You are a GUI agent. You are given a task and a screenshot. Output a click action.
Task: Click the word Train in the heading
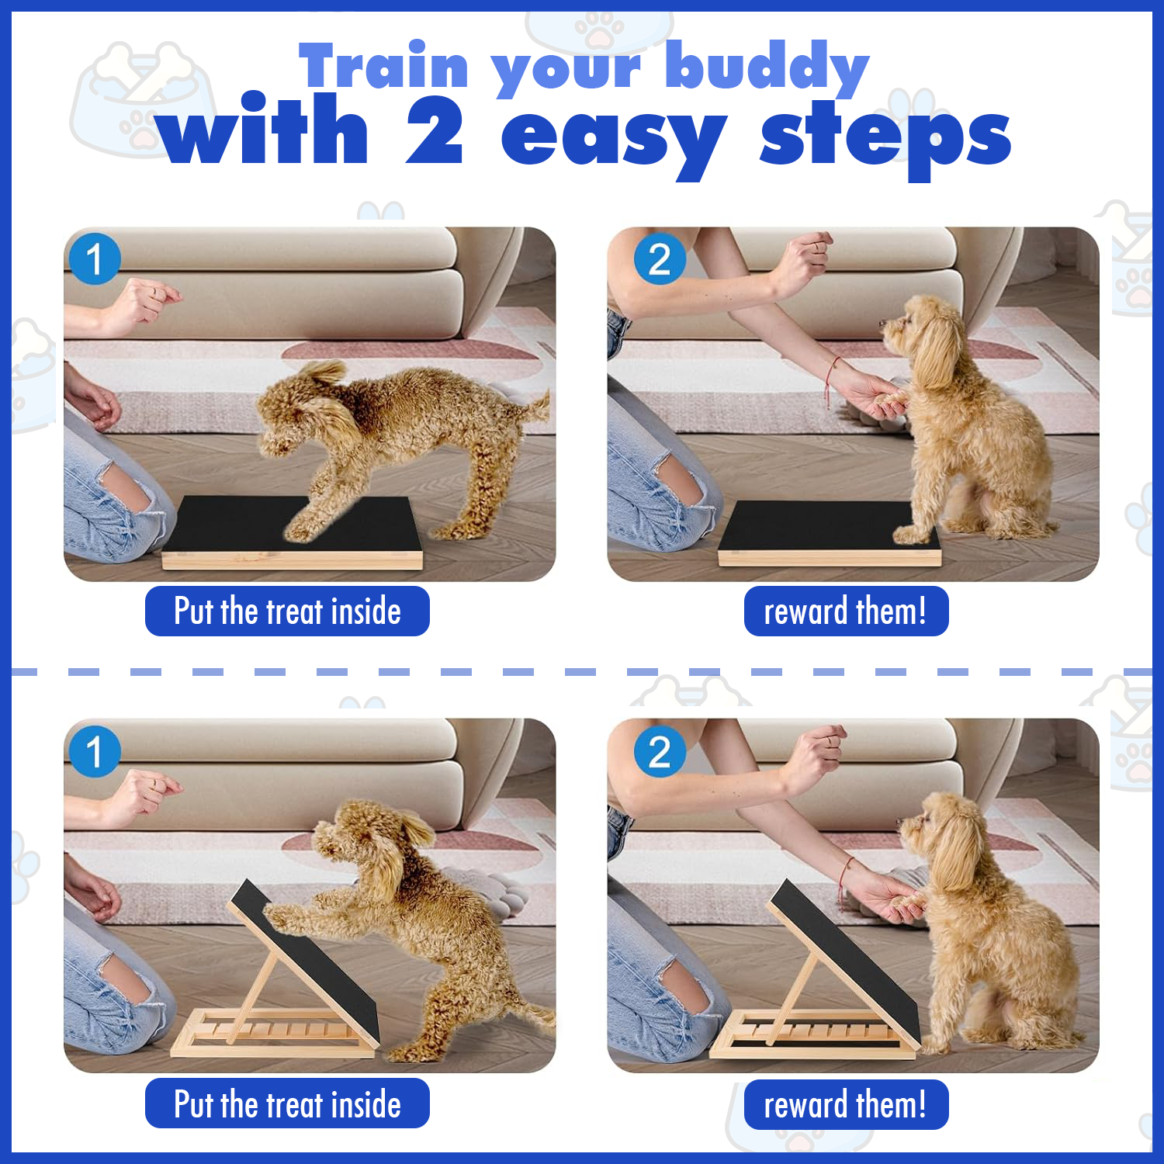click(x=384, y=66)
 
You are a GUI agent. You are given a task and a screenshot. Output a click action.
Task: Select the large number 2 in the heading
click(x=435, y=132)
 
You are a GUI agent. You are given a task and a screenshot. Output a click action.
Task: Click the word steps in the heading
click(x=885, y=138)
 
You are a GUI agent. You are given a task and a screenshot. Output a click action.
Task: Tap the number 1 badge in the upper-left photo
click(x=94, y=259)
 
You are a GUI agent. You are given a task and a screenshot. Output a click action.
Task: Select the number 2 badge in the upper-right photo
click(x=660, y=259)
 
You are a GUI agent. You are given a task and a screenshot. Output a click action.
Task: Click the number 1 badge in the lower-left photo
click(x=94, y=751)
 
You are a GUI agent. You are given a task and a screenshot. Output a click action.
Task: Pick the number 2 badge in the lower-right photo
click(x=660, y=751)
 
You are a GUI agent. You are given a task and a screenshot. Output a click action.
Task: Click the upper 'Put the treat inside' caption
click(x=287, y=611)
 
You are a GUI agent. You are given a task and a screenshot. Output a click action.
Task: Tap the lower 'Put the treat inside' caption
click(x=287, y=1103)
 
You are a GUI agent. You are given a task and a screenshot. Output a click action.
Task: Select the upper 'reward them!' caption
click(x=846, y=611)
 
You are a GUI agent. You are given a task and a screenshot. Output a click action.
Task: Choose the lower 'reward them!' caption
click(x=846, y=1104)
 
